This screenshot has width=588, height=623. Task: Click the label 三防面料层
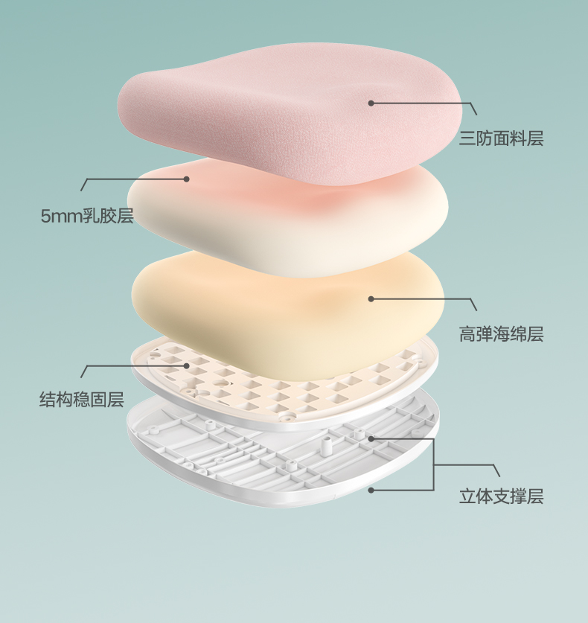click(501, 138)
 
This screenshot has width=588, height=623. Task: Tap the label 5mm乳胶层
click(87, 217)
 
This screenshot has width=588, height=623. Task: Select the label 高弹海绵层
click(501, 334)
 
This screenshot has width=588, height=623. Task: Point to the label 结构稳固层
click(82, 400)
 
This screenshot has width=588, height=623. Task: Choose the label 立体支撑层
click(501, 496)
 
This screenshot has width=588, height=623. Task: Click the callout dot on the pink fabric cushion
click(371, 103)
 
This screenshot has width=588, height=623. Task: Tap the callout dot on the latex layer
click(187, 179)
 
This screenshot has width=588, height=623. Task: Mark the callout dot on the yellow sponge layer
click(371, 298)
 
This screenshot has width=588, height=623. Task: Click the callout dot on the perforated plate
click(187, 365)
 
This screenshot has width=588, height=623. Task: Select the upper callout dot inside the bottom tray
click(371, 438)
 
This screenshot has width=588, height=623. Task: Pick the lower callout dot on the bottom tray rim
click(371, 490)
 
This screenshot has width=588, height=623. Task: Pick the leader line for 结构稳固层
click(134, 365)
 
